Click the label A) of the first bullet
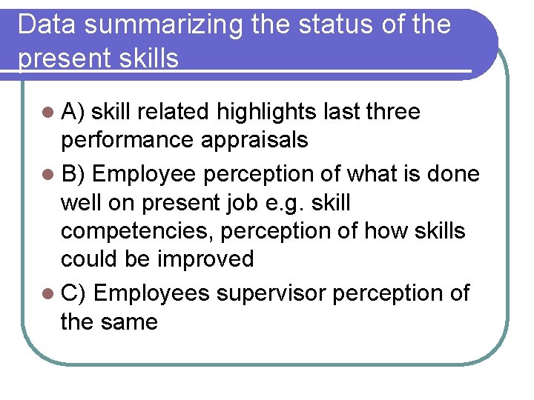74,112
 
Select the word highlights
267,112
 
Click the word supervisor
271,293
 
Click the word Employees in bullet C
152,293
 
